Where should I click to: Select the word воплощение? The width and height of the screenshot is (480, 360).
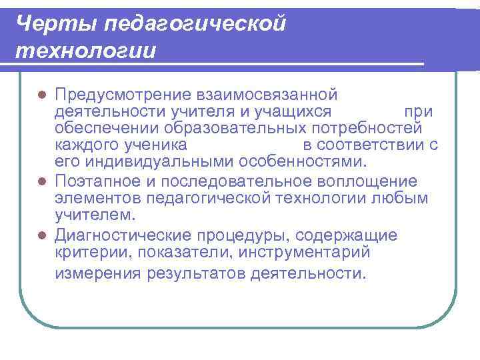pyautogui.click(x=369, y=181)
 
